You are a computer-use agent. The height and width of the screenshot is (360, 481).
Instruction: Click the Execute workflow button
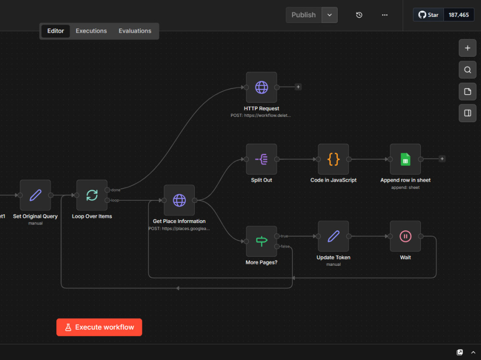click(x=99, y=327)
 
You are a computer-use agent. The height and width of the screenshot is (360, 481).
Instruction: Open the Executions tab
click(x=91, y=31)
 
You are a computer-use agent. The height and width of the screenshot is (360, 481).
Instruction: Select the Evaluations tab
click(x=135, y=31)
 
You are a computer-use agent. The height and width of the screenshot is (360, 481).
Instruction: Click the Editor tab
click(x=55, y=31)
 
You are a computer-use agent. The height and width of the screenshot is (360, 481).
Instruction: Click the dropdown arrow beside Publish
click(x=329, y=15)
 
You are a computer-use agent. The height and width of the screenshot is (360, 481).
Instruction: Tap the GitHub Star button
click(x=429, y=15)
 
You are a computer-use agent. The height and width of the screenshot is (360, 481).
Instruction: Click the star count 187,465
click(x=458, y=15)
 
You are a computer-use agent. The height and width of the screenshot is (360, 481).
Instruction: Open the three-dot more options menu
click(x=385, y=15)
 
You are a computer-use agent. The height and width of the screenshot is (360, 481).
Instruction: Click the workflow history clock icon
click(x=359, y=15)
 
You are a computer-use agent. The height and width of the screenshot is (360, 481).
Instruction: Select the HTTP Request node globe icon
click(x=262, y=87)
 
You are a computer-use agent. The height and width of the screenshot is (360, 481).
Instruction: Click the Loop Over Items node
click(x=92, y=195)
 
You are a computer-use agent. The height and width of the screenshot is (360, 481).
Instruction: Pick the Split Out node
click(x=262, y=159)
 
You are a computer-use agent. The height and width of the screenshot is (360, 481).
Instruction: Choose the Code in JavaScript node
click(x=333, y=159)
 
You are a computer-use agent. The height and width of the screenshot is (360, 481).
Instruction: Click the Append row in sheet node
click(x=405, y=159)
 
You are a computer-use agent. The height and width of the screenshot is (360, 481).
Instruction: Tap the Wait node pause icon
click(x=405, y=236)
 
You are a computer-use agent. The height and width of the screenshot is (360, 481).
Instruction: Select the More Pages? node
click(x=262, y=241)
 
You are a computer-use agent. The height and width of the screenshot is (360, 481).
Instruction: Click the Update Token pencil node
click(x=333, y=236)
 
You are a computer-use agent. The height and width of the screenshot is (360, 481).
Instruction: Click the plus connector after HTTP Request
click(x=298, y=87)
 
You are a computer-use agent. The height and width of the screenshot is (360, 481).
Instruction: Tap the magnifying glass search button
click(x=468, y=70)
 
